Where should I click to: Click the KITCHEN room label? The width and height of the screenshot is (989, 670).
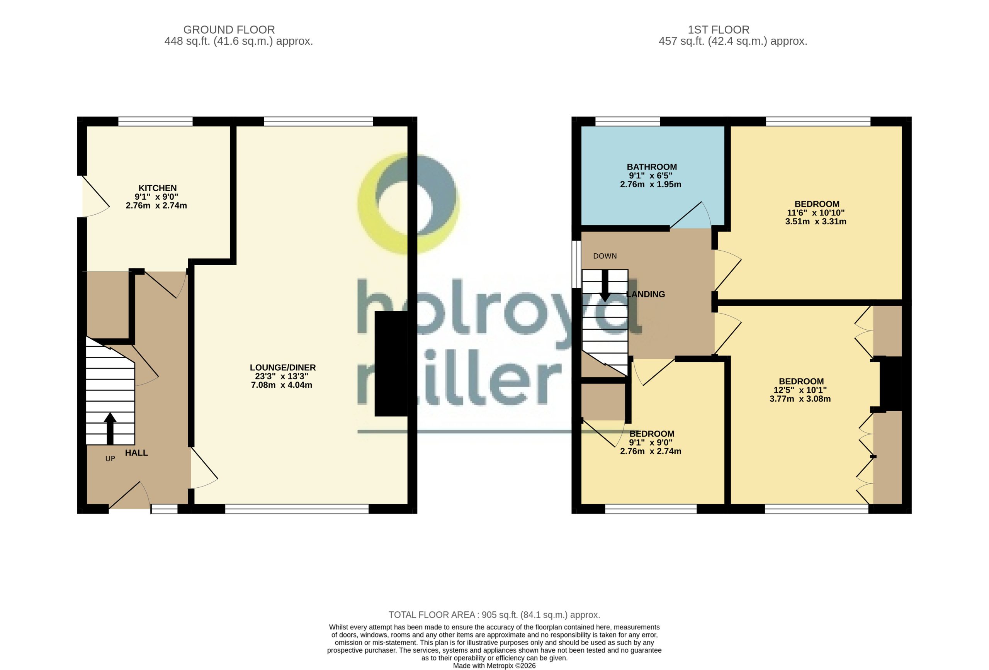pyautogui.click(x=158, y=188)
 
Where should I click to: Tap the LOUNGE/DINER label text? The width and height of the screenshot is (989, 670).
pyautogui.click(x=282, y=368)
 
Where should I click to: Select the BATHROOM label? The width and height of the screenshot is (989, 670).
pyautogui.click(x=651, y=167)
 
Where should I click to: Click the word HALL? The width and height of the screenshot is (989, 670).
pyautogui.click(x=136, y=453)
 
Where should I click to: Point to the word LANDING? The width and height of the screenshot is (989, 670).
pyautogui.click(x=646, y=294)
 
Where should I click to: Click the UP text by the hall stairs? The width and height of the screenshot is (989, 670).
pyautogui.click(x=110, y=459)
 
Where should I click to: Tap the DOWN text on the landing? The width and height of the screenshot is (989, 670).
pyautogui.click(x=605, y=256)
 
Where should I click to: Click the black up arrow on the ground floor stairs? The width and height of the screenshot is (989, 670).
pyautogui.click(x=110, y=428)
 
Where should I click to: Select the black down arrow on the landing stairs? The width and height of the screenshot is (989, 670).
pyautogui.click(x=605, y=286)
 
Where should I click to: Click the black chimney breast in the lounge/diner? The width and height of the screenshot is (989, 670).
pyautogui.click(x=391, y=364)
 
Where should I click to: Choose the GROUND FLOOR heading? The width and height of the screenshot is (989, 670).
pyautogui.click(x=229, y=30)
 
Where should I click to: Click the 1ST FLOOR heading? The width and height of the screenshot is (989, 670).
pyautogui.click(x=719, y=30)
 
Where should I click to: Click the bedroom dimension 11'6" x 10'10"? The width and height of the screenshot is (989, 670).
pyautogui.click(x=816, y=213)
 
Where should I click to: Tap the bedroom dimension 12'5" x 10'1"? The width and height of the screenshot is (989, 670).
pyautogui.click(x=800, y=390)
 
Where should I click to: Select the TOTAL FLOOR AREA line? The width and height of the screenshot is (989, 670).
pyautogui.click(x=494, y=615)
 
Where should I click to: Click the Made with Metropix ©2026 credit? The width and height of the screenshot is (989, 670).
pyautogui.click(x=494, y=666)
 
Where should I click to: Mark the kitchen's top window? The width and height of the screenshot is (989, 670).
pyautogui.click(x=155, y=121)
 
